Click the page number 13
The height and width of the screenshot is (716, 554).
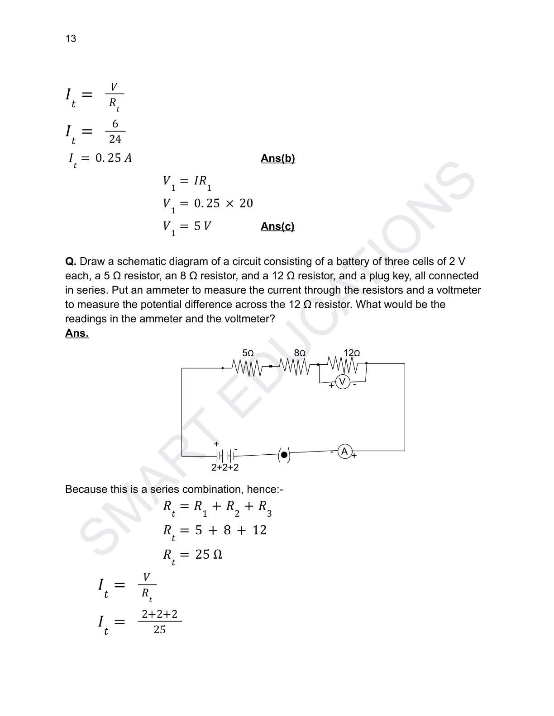(x=71, y=38)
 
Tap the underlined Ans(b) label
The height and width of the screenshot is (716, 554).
(x=277, y=158)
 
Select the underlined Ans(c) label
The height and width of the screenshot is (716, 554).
(x=277, y=226)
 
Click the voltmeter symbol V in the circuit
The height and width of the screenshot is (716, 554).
(x=343, y=382)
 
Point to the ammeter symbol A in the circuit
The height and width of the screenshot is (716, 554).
(x=345, y=451)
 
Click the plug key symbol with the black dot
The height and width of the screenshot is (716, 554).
(x=284, y=455)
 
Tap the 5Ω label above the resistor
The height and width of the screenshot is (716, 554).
(x=248, y=353)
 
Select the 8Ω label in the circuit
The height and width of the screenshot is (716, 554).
(x=300, y=353)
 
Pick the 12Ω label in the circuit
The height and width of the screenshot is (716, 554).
(x=352, y=353)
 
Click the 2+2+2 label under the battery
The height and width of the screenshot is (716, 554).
(x=225, y=467)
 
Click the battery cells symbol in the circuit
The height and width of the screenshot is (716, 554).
(x=225, y=455)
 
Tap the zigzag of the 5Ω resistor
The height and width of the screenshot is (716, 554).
(x=247, y=367)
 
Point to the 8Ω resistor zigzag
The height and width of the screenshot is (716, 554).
(x=295, y=366)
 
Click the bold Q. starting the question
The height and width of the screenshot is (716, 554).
(x=71, y=261)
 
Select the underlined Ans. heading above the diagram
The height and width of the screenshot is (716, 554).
(x=77, y=333)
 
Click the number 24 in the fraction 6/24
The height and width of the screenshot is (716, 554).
(x=115, y=139)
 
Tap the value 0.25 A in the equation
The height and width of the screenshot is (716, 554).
(x=114, y=158)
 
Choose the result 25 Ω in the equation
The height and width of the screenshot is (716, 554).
(x=209, y=554)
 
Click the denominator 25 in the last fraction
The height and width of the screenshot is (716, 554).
(x=159, y=629)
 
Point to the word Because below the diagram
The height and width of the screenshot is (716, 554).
(x=86, y=489)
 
